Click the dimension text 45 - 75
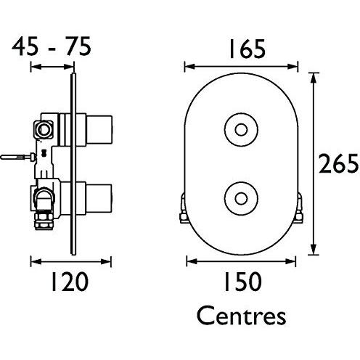pyautogui.click(x=51, y=48)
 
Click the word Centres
pyautogui.click(x=241, y=316)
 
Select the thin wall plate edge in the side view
pyautogui.click(x=73, y=163)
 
